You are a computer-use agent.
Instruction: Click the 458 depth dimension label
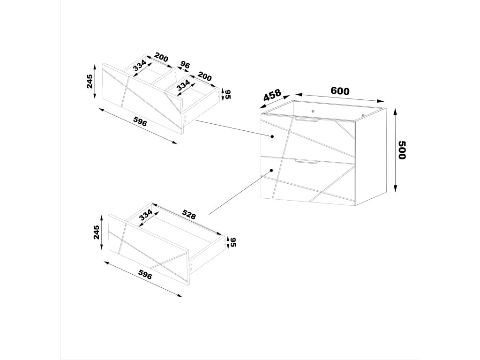[x=272, y=96]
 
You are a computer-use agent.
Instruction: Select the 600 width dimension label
[x=340, y=91]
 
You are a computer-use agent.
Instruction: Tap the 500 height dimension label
[x=401, y=150]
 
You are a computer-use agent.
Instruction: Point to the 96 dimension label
[x=185, y=65]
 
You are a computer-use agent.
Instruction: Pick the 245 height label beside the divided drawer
[x=90, y=82]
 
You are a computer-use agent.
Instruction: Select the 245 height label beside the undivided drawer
[x=96, y=232]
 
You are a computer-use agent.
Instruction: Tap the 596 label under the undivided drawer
[x=145, y=275]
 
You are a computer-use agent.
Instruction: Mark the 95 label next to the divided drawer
[x=228, y=94]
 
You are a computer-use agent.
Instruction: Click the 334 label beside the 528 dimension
[x=146, y=215]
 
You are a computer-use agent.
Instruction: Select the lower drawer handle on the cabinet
[x=307, y=162]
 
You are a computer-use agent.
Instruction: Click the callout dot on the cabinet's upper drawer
[x=272, y=136]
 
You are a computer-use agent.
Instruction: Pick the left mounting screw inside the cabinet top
[x=312, y=111]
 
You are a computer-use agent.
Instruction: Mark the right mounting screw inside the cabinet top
[x=363, y=115]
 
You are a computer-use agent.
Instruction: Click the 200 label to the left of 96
[x=161, y=58]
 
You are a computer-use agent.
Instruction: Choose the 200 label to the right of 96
[x=205, y=76]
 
